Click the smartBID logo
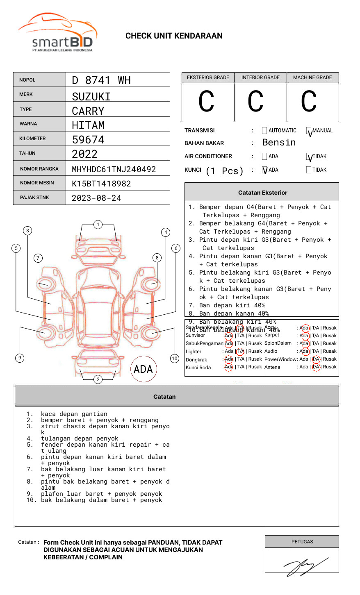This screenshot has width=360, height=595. coord(58,33)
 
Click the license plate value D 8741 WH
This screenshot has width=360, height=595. coord(101,80)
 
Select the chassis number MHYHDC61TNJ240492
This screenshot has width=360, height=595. coord(114,169)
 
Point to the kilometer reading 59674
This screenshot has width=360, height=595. coord(88,140)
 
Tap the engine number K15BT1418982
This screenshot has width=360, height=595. coord(101,184)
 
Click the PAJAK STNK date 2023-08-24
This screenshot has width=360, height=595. coord(96,198)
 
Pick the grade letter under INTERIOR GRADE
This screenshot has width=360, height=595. coord(255,102)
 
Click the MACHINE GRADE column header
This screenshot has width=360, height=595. coord(312,77)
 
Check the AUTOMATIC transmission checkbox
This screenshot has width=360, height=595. coord(264,131)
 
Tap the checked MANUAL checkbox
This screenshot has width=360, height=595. coord(309,131)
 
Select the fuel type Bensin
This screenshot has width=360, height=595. coord(279,143)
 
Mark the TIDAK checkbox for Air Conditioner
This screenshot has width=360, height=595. coord(309,157)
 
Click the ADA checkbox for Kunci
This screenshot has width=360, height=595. coord(264,170)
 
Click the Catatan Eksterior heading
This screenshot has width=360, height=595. coord(262,193)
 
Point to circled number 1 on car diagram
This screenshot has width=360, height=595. coord(98,224)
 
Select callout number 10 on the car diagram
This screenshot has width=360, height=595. coord(175,358)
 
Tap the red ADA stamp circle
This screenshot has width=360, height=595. coord(143,369)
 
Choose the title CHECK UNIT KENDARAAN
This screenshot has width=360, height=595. coord(174,36)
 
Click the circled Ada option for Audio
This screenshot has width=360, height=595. coord(304,351)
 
